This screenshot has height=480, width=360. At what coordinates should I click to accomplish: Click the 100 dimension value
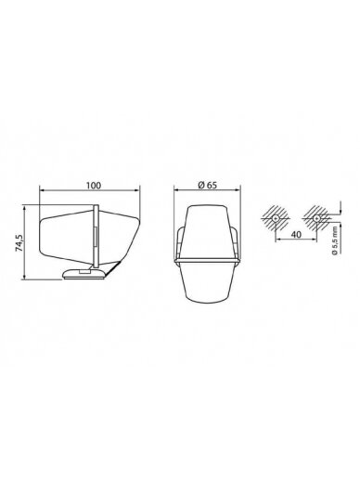tap(94, 185)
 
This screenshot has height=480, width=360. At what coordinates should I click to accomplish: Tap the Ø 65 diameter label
tap(207, 185)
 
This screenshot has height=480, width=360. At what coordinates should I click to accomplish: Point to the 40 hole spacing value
tap(296, 235)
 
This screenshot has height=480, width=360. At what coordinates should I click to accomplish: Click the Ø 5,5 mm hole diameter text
tap(334, 243)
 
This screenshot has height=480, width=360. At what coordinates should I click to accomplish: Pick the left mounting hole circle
tap(276, 218)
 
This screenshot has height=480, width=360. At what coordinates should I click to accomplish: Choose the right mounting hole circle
tap(316, 218)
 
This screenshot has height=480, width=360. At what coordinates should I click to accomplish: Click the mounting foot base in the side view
tap(84, 274)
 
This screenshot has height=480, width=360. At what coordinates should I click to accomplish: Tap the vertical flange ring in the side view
tap(96, 237)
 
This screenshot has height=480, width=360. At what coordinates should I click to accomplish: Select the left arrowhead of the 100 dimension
tap(42, 190)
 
